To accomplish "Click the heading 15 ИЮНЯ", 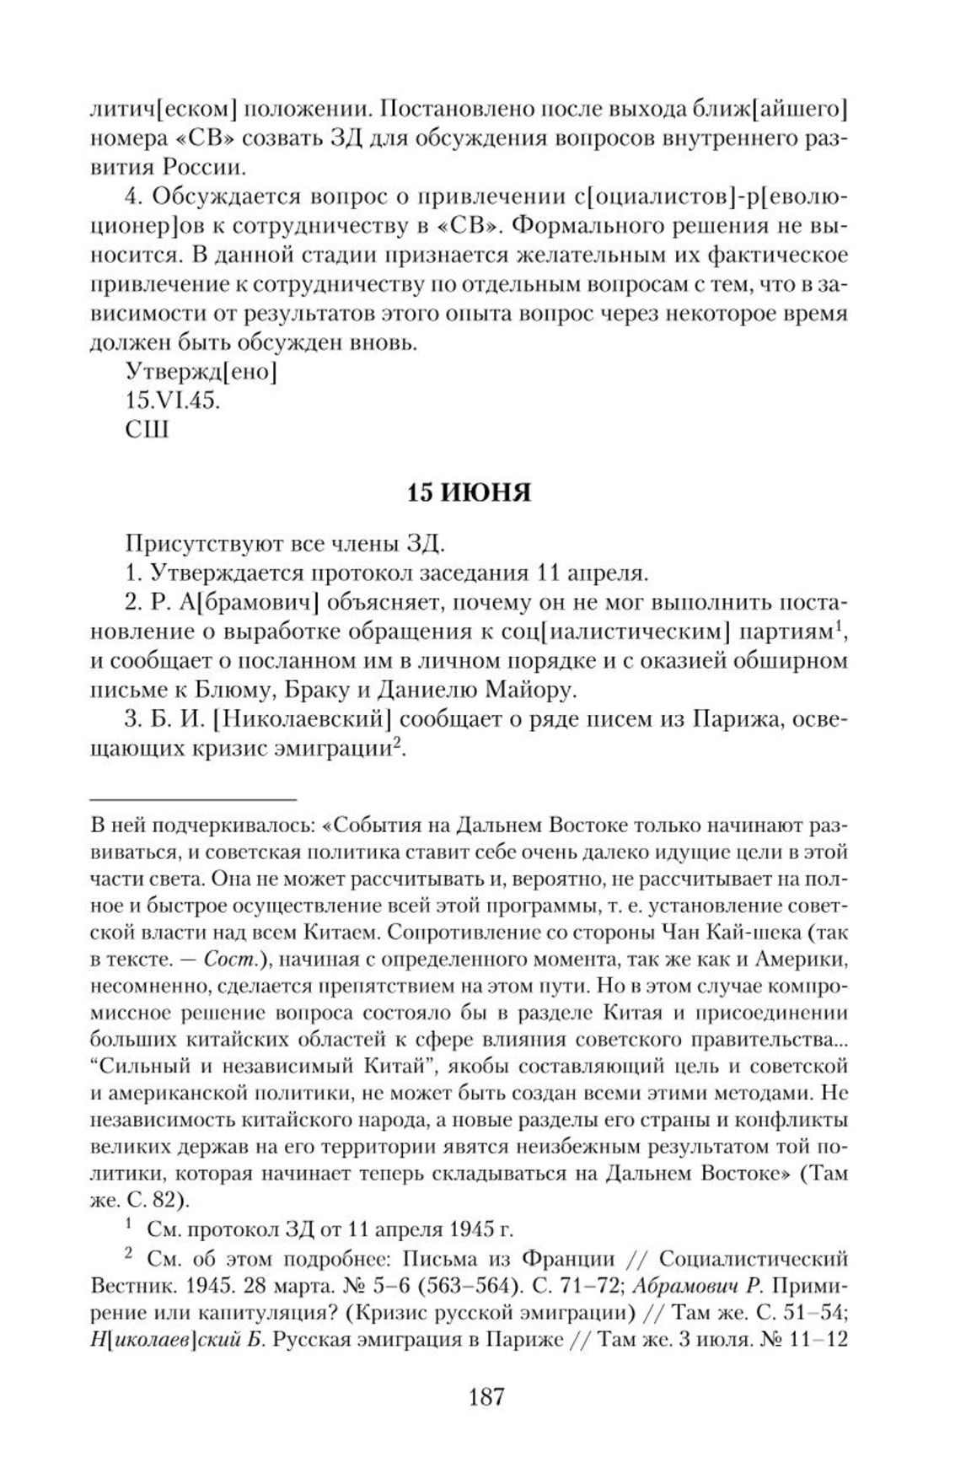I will pyautogui.click(x=470, y=492).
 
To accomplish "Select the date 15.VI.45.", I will pyautogui.click(x=172, y=400).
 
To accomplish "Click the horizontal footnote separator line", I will pyautogui.click(x=193, y=798).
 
